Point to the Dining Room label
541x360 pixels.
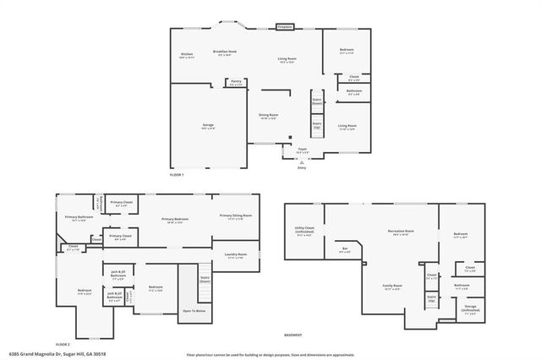pyautogui.click(x=269, y=117)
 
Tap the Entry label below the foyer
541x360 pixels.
pyautogui.click(x=302, y=167)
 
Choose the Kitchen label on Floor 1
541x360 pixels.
pyautogui.click(x=187, y=57)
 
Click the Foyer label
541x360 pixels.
pyautogui.click(x=302, y=150)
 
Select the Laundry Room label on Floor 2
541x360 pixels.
pyautogui.click(x=236, y=256)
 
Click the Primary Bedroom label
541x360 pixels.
pyautogui.click(x=175, y=221)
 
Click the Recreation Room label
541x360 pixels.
pyautogui.click(x=401, y=232)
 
